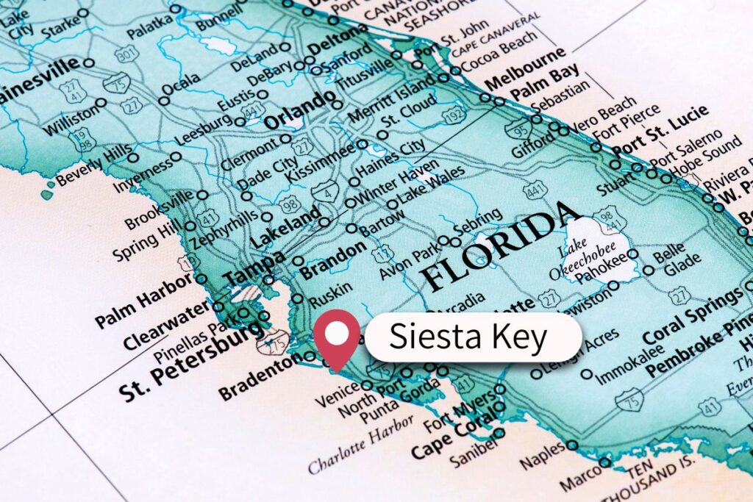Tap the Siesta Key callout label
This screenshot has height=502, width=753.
click(468, 337)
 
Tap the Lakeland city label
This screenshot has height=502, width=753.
click(285, 229)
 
